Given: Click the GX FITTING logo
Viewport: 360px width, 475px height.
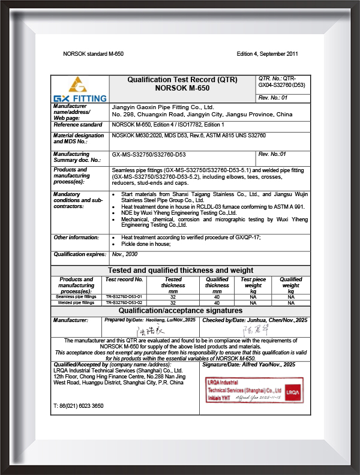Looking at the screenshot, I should click(x=80, y=89).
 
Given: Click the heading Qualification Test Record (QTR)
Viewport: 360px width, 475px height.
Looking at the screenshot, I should click(x=182, y=80).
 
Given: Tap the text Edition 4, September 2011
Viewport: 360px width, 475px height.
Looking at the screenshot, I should click(x=268, y=54).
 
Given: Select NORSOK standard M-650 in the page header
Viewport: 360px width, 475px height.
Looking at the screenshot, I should click(x=93, y=54).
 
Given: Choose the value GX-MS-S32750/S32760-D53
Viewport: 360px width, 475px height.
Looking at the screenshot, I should click(x=149, y=154).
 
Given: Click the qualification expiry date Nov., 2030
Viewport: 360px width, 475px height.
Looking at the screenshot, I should click(x=125, y=254).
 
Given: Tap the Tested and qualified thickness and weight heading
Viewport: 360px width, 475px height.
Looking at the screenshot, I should click(x=180, y=270).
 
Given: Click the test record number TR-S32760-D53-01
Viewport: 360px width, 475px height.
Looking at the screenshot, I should click(x=124, y=296).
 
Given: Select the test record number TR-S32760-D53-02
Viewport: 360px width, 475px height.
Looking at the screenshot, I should click(x=124, y=303).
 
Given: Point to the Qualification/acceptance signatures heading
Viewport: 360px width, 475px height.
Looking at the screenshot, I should click(x=180, y=311).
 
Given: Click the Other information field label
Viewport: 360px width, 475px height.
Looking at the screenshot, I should click(x=76, y=237).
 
